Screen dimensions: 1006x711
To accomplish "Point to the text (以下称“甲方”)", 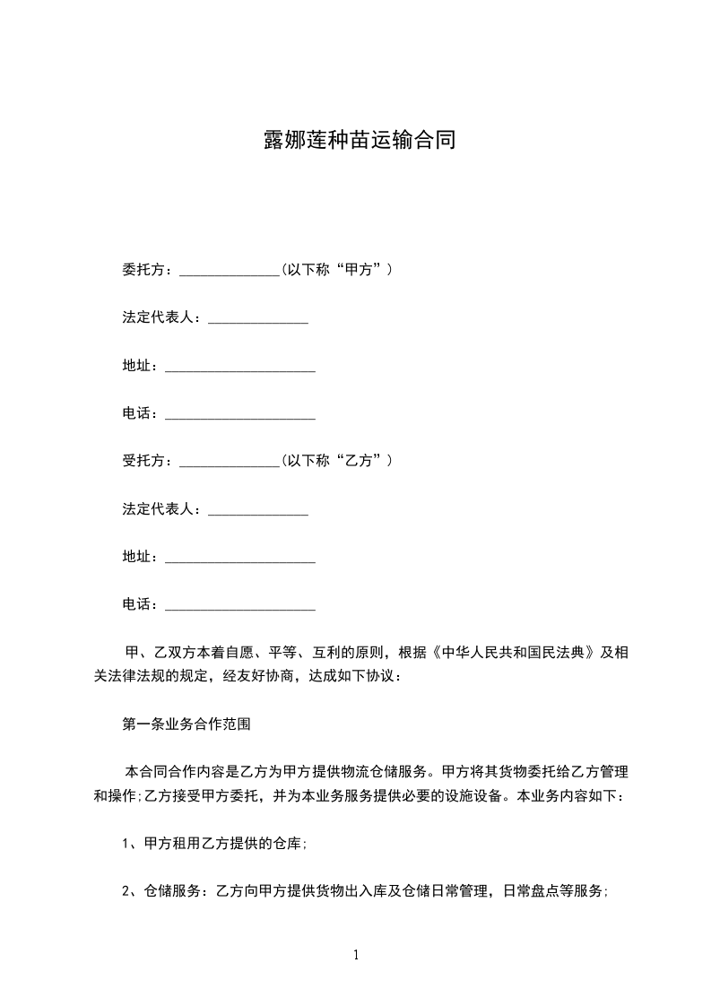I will coord(336,270).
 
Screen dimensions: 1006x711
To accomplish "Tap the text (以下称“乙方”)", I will coord(336,461).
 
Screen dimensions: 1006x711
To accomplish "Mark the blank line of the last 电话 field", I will coord(240,609).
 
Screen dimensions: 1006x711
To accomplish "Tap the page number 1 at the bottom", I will coord(356,955).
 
